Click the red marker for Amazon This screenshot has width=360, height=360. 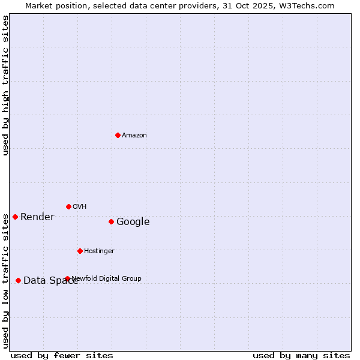pyautogui.click(x=118, y=135)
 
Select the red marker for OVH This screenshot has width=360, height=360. pyautogui.click(x=68, y=206)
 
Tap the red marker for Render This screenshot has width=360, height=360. pyautogui.click(x=15, y=217)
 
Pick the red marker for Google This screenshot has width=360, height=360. pyautogui.click(x=111, y=221)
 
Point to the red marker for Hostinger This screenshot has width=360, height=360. pyautogui.click(x=80, y=251)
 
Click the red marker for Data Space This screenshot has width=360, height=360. pyautogui.click(x=18, y=280)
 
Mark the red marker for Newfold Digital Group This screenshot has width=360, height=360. pyautogui.click(x=67, y=278)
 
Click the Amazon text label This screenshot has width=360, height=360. pyautogui.click(x=134, y=136)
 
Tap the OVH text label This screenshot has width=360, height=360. pyautogui.click(x=80, y=207)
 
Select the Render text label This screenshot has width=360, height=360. pyautogui.click(x=37, y=217)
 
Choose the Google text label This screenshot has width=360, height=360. pyautogui.click(x=133, y=222)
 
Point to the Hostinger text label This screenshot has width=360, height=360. pyautogui.click(x=99, y=251)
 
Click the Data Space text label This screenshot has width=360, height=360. pyautogui.click(x=50, y=281)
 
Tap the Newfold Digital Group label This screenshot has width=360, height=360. pyautogui.click(x=107, y=278)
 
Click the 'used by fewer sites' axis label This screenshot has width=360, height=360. pyautogui.click(x=62, y=356)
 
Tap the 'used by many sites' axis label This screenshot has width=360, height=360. pyautogui.click(x=301, y=356)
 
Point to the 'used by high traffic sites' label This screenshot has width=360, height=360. pyautogui.click(x=5, y=85)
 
